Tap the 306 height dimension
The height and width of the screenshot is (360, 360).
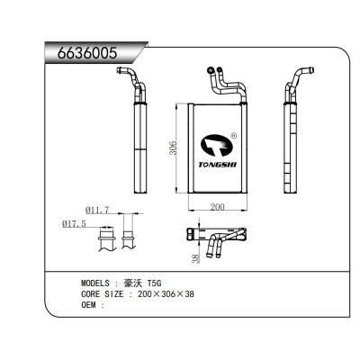click(x=174, y=148)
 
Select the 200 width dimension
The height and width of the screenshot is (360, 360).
click(x=218, y=206)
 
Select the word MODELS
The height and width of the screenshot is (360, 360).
click(x=97, y=283)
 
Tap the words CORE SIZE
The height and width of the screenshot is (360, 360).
click(x=102, y=293)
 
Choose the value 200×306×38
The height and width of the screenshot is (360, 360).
click(x=163, y=293)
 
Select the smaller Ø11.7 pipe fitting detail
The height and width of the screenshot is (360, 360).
click(x=129, y=239)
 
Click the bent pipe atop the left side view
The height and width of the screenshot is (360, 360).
click(x=130, y=82)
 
